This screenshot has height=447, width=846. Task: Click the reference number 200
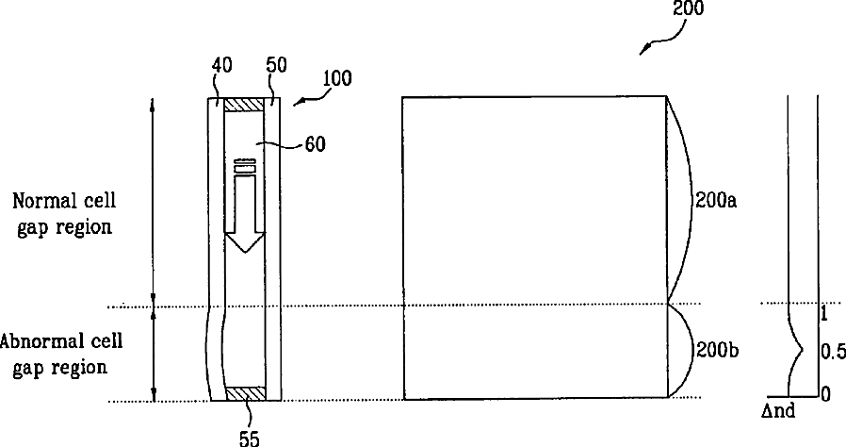(x=688, y=8)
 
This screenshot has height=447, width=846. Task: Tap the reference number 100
(x=337, y=79)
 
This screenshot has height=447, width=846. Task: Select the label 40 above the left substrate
(x=221, y=65)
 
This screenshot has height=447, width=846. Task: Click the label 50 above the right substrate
(x=276, y=65)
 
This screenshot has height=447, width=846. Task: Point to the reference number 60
(x=315, y=144)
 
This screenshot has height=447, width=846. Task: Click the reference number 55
(x=250, y=438)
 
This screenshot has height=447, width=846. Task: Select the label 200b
(x=717, y=351)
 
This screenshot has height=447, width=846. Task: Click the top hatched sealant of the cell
(x=244, y=104)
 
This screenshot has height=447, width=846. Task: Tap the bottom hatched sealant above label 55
(x=244, y=393)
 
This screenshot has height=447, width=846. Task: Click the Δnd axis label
(x=778, y=411)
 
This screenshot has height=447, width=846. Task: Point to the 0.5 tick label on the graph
(x=833, y=352)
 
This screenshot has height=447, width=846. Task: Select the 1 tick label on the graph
(x=823, y=314)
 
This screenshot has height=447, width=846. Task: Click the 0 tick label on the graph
(x=825, y=394)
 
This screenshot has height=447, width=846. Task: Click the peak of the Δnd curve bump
(x=803, y=350)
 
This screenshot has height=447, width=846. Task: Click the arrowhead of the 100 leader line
(x=295, y=104)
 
